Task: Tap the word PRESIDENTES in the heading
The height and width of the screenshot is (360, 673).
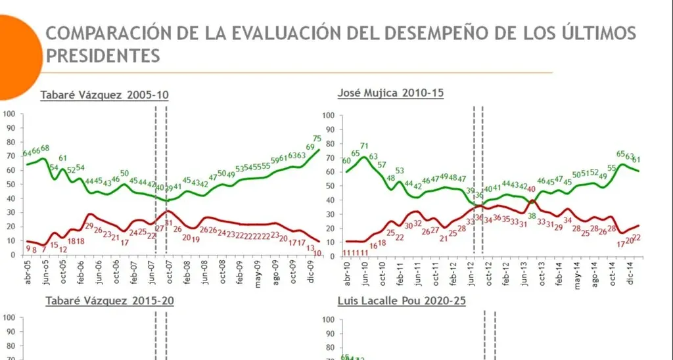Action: (x=103, y=55)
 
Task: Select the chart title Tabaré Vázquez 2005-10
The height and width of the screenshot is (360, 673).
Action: (x=104, y=95)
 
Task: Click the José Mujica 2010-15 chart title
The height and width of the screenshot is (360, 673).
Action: (x=390, y=93)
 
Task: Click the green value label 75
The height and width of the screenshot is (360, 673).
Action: (x=317, y=139)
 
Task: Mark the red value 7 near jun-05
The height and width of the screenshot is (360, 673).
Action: (x=43, y=250)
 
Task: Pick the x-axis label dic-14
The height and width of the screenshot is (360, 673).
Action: (x=630, y=270)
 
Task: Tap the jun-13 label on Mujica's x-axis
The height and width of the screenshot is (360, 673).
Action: (x=524, y=270)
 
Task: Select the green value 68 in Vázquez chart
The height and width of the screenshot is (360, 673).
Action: (x=45, y=148)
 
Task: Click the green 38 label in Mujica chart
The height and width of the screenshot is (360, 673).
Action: (x=532, y=215)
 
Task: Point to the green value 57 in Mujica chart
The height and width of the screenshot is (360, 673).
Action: (x=382, y=165)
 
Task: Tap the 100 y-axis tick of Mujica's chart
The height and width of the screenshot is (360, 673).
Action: (x=329, y=116)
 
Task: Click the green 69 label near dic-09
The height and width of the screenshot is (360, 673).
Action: (x=309, y=146)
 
